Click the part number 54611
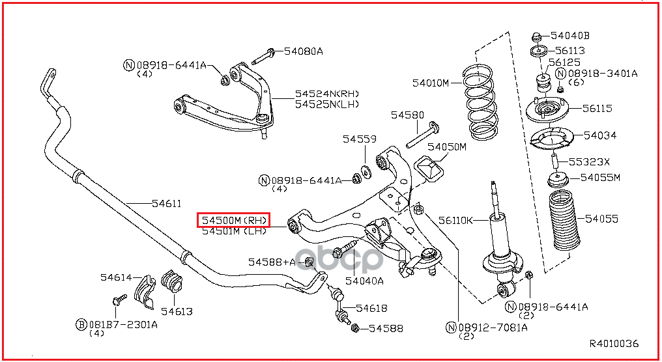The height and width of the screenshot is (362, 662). click(x=167, y=204)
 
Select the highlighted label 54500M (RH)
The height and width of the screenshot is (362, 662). click(x=234, y=221)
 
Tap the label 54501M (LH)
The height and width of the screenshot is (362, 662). click(x=234, y=231)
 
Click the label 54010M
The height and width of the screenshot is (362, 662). click(x=430, y=83)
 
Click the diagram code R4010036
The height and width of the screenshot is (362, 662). click(x=614, y=344)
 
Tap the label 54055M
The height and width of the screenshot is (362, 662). click(x=600, y=177)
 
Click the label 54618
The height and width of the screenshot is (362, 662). click(x=371, y=308)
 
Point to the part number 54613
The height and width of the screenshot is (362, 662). click(x=177, y=312)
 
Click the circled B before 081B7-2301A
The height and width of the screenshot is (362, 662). click(x=81, y=324)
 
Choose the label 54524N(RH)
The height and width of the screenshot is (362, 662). click(x=326, y=94)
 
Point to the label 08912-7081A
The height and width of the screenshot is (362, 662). click(x=488, y=327)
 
